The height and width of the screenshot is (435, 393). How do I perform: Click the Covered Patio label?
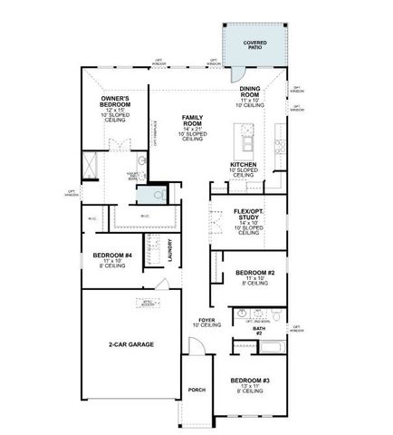[x=255, y=44]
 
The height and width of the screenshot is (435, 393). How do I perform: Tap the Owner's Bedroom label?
[x=114, y=101]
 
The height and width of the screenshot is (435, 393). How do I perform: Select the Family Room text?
[x=192, y=119]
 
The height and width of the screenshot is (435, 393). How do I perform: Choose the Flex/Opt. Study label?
[x=248, y=215]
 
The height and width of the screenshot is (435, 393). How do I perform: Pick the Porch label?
[x=196, y=390]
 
